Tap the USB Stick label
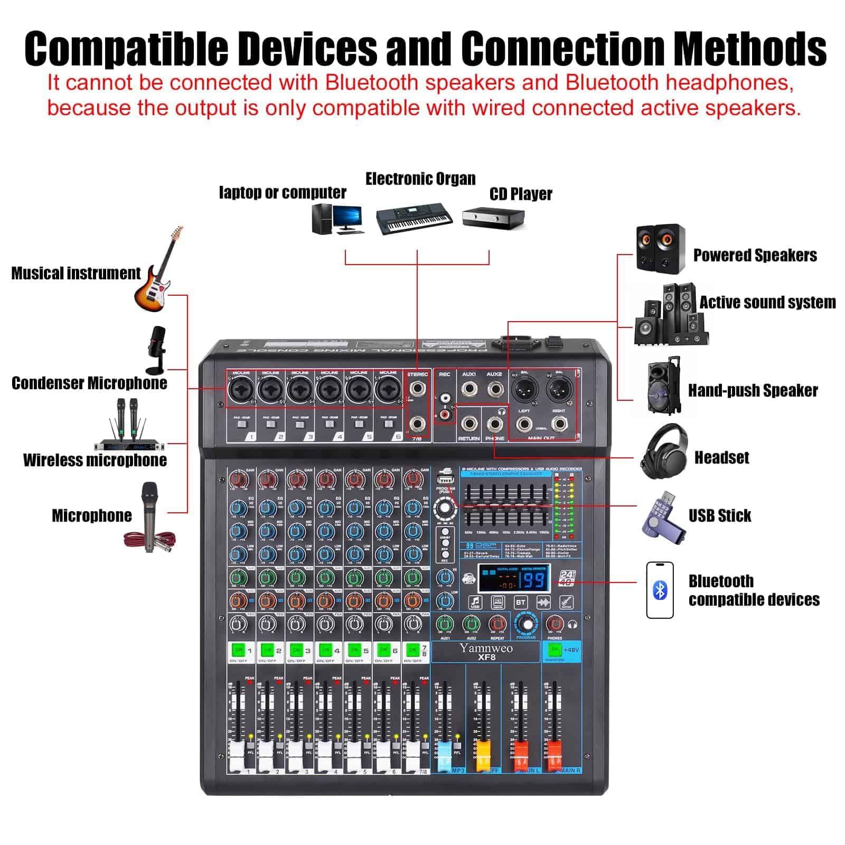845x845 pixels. pos(719,515)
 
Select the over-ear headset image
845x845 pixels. pos(664,452)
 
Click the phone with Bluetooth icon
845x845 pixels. pos(660,590)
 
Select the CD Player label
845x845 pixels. pos(520,194)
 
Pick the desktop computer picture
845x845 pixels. pos(336,219)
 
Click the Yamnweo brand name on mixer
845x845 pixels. pos(485,648)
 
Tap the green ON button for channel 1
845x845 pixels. pos(238,650)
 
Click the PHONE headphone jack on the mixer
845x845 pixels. pos(495,424)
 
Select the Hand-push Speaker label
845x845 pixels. pos(753,391)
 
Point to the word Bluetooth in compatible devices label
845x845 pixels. pos(720,581)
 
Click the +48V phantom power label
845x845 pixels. pos(571,650)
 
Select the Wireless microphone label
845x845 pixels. pos(95,460)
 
